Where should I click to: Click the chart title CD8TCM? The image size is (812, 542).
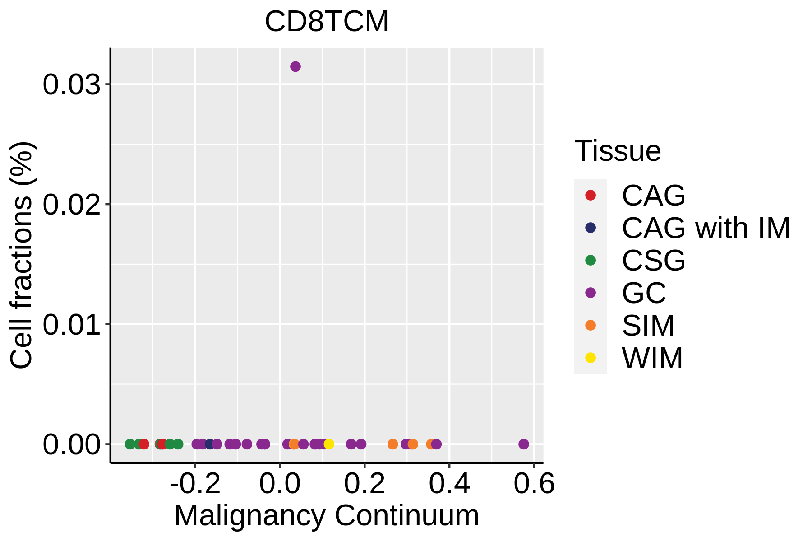tap(327, 22)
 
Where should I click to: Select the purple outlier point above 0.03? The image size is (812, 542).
tap(295, 67)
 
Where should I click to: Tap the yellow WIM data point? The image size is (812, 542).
tap(329, 444)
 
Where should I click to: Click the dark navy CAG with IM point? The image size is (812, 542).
tap(210, 444)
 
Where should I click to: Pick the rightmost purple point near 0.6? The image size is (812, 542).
tap(523, 444)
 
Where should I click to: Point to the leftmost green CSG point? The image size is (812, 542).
tap(130, 444)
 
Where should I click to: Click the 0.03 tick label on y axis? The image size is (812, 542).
tap(71, 84)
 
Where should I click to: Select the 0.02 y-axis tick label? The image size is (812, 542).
tap(71, 204)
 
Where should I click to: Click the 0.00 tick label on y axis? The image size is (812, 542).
tap(71, 444)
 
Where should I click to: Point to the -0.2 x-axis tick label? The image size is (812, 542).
tap(195, 484)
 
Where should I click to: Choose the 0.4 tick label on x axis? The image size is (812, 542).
tap(449, 484)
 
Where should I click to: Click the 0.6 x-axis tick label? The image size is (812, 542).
tap(534, 484)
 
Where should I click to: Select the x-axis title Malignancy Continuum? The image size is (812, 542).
tap(327, 516)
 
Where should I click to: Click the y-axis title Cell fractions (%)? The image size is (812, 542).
tap(22, 255)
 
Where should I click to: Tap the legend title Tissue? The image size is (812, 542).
tap(618, 151)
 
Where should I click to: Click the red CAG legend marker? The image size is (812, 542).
tap(590, 195)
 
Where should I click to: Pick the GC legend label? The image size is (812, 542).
tap(644, 293)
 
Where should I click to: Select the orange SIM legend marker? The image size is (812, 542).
tap(590, 325)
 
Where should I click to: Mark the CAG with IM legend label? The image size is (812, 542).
tap(706, 228)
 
